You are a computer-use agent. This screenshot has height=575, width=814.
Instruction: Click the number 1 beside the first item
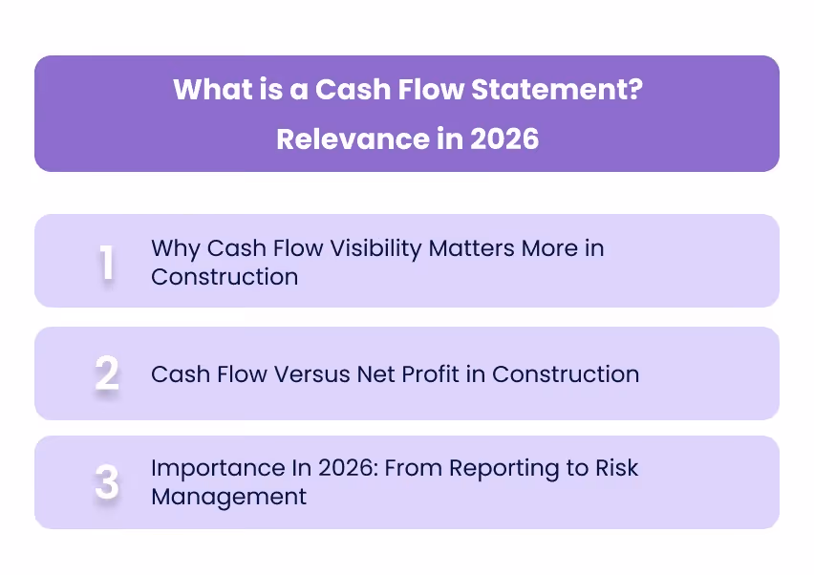107,263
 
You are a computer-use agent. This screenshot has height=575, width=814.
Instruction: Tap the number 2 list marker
107,373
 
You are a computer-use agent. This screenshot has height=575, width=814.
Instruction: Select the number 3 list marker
107,483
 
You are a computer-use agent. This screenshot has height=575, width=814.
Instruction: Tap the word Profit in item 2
435,373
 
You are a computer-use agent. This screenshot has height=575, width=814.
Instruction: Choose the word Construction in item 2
566,373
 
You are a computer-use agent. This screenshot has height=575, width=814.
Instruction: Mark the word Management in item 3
228,497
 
